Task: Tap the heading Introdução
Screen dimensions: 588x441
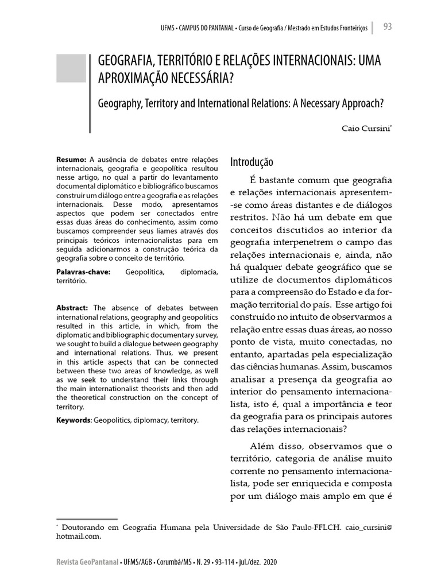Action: [x=252, y=163]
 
